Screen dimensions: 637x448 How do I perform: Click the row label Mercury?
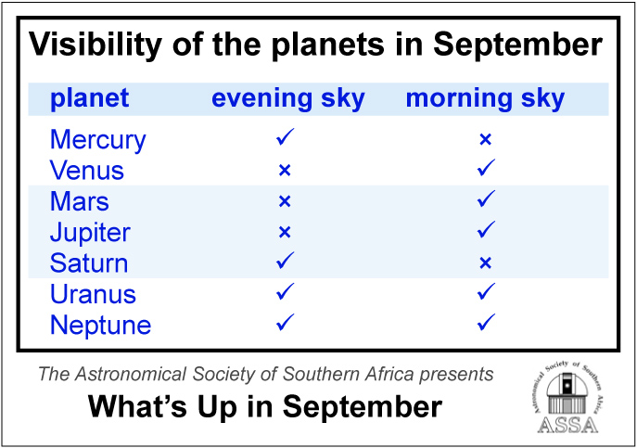(98, 140)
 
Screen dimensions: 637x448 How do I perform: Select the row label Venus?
(87, 171)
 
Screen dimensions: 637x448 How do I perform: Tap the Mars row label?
(80, 201)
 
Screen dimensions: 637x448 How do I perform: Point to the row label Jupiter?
(90, 233)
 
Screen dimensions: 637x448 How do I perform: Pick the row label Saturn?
(89, 263)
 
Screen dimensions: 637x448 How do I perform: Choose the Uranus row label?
(93, 294)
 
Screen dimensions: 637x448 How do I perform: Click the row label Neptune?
(101, 326)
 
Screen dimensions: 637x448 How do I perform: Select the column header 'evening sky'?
(288, 99)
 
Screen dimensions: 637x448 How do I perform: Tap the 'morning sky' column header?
(486, 99)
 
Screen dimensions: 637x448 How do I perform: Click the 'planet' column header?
(90, 99)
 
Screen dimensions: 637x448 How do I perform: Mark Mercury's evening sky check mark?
(285, 136)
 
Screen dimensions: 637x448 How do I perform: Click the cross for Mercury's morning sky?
(486, 139)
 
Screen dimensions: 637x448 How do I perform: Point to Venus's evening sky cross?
(285, 171)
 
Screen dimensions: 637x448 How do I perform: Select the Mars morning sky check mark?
(486, 198)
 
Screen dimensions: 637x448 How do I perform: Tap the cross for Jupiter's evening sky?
(285, 232)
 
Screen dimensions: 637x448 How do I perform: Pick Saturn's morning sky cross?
(486, 263)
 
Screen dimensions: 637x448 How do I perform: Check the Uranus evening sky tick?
(285, 291)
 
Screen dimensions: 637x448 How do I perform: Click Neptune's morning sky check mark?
(486, 322)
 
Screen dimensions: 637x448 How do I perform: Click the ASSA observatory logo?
(567, 397)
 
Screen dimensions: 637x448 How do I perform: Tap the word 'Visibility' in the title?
(96, 45)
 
